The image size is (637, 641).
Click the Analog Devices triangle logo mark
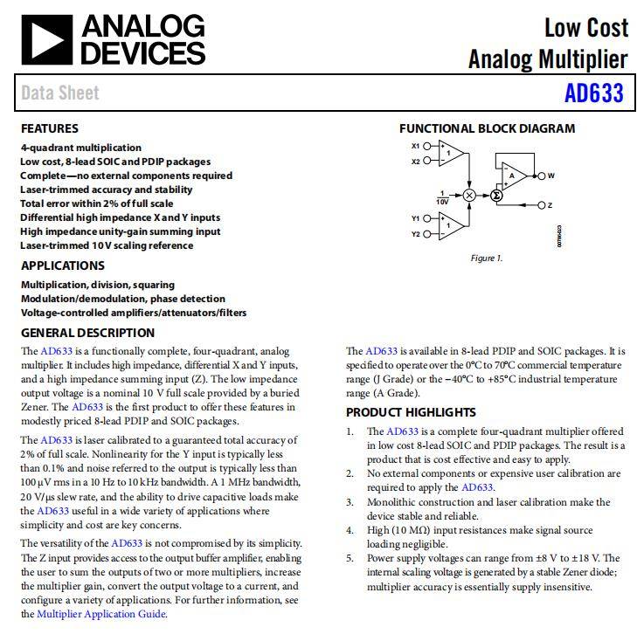pos(46,40)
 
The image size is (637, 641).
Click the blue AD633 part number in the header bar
pos(593,93)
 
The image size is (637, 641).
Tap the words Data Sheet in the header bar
pos(60,93)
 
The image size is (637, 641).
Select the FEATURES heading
pos(50,128)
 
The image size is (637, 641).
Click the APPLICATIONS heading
pos(63,265)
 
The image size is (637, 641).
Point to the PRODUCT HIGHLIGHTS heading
pos(411,412)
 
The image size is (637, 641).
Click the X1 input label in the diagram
pos(416,146)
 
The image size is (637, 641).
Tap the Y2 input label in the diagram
pos(416,234)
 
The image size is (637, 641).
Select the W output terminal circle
pos(541,176)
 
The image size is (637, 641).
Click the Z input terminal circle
pos(541,205)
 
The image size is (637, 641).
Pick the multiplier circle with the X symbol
pos(470,195)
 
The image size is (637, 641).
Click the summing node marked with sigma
pos(496,195)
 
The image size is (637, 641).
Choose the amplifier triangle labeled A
pos(514,176)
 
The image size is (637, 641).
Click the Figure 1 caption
pos(487,258)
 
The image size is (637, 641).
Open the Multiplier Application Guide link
pos(100,614)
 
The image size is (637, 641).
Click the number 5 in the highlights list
pos(350,558)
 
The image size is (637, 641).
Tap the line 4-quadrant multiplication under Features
pos(81,148)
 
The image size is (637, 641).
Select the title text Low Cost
pos(585,28)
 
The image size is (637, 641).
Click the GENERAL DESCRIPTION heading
pos(87,333)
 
